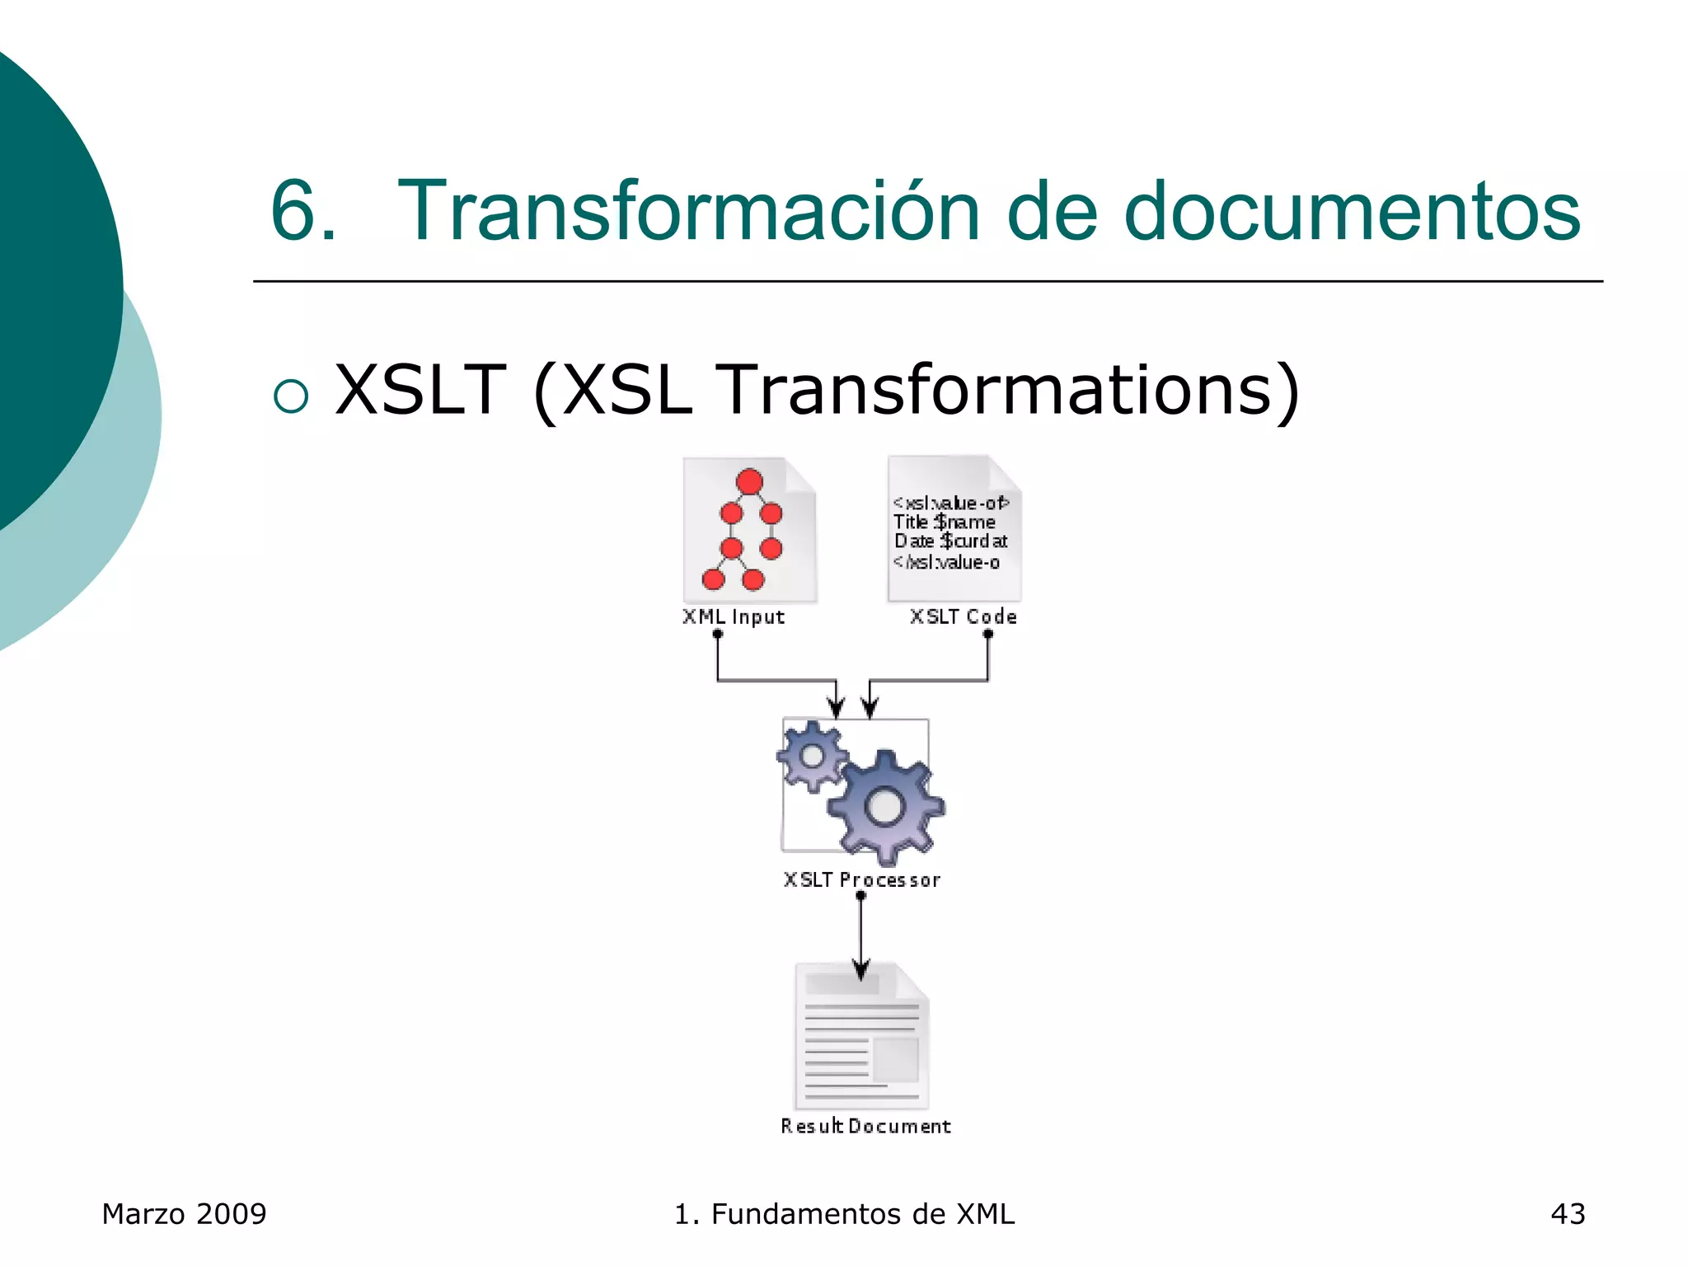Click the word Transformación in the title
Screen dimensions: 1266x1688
coord(688,212)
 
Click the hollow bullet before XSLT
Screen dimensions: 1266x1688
coord(291,396)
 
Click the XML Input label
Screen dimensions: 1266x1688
coord(734,617)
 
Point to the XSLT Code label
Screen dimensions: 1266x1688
coord(963,617)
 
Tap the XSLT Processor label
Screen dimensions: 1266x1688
coord(861,880)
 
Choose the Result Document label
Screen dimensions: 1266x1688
coord(865,1126)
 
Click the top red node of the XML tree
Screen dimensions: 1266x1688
coord(749,481)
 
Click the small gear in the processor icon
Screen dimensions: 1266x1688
coord(813,756)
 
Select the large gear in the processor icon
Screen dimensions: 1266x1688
coord(885,806)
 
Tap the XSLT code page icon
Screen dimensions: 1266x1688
coord(954,528)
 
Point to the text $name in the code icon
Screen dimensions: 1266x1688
coord(965,522)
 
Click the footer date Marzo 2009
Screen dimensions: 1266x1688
coord(184,1214)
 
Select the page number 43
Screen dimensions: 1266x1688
coord(1568,1214)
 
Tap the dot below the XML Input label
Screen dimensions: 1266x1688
coord(718,634)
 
